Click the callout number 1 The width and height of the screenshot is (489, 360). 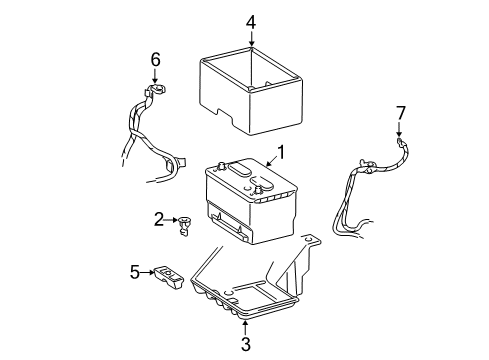(x=281, y=153)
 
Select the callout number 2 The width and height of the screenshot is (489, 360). (x=159, y=218)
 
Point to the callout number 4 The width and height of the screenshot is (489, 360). (x=251, y=21)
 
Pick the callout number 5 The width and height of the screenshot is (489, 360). (x=135, y=270)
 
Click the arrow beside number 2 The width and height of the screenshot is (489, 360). (x=172, y=219)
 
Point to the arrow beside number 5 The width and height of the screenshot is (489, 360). (x=148, y=270)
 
